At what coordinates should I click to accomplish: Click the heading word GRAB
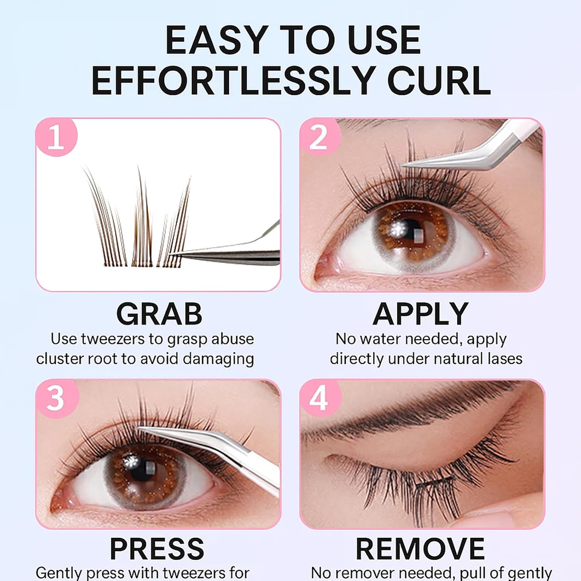click(159, 314)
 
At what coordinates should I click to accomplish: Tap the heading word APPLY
click(421, 314)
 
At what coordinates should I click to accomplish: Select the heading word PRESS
click(157, 548)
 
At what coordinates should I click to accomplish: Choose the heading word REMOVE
click(420, 548)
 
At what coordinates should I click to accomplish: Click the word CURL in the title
click(439, 81)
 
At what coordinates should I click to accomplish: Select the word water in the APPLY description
click(378, 339)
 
